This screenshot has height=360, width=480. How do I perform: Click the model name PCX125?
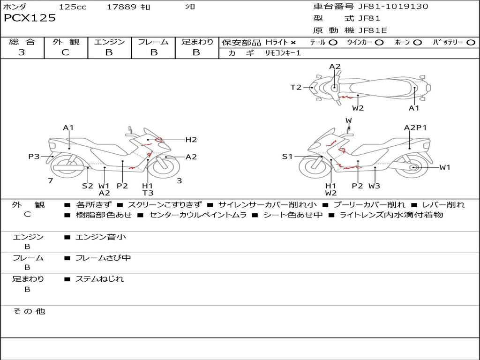point(30,18)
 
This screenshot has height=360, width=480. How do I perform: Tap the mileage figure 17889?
point(121,7)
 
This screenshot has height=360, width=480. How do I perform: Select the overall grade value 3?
point(22,52)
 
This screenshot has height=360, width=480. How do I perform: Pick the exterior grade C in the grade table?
point(66,52)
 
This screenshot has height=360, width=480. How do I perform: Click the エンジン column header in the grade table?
point(110,42)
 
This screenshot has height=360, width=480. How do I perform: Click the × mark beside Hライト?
point(293,43)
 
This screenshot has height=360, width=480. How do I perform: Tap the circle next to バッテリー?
point(471,43)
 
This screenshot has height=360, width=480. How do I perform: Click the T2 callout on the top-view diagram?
point(296,87)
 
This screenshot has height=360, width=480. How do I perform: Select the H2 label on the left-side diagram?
point(191,139)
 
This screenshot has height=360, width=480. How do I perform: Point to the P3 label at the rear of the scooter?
point(34,157)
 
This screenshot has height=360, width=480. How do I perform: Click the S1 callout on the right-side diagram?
point(287,157)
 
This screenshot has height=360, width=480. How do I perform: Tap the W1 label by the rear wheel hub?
point(445,167)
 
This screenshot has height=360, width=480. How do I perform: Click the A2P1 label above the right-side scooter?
point(415,127)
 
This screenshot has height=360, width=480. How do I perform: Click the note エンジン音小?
point(101,237)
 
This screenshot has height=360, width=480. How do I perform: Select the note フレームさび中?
point(103,258)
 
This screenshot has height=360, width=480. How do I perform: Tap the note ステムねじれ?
point(100,279)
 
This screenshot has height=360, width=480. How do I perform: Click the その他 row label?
point(29,311)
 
